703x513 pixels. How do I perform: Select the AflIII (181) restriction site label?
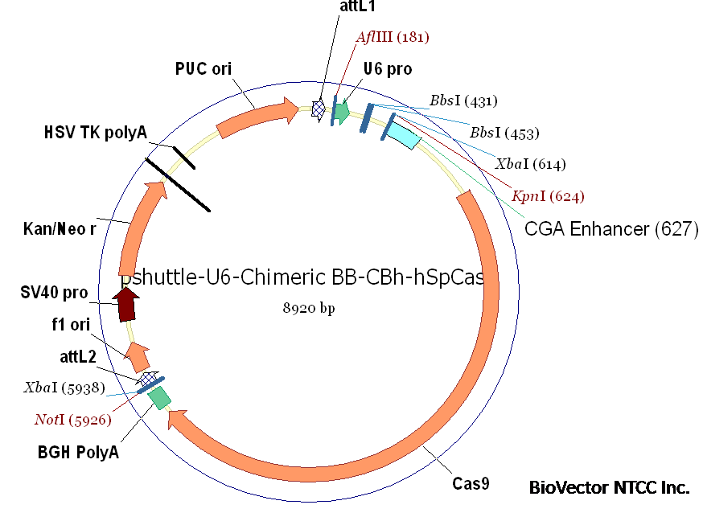point(393,37)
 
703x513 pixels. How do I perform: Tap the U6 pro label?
point(387,69)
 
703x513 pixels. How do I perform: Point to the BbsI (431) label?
point(463,101)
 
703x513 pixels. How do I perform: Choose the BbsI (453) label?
point(504,133)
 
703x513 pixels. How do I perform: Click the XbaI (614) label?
point(530,165)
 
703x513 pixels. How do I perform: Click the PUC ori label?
point(203,69)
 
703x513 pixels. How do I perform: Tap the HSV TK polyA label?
point(96,133)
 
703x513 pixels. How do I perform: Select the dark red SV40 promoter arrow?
point(126,304)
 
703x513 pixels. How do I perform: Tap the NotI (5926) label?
point(72,420)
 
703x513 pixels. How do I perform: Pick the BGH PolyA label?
point(78,452)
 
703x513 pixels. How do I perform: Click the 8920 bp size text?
point(307,309)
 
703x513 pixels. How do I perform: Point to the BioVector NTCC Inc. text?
point(609,487)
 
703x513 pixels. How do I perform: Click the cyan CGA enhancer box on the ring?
point(402,137)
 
